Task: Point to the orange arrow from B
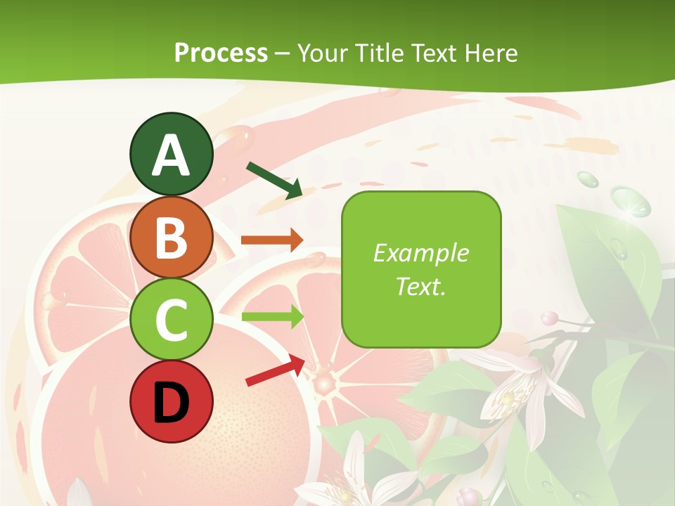point(271,240)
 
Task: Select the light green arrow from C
point(271,316)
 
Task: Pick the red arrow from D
point(276,370)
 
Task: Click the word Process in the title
point(221,53)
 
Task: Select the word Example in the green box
point(420,253)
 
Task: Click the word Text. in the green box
point(420,286)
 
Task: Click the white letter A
point(171,155)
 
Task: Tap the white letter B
point(171,238)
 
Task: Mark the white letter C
point(171,320)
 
